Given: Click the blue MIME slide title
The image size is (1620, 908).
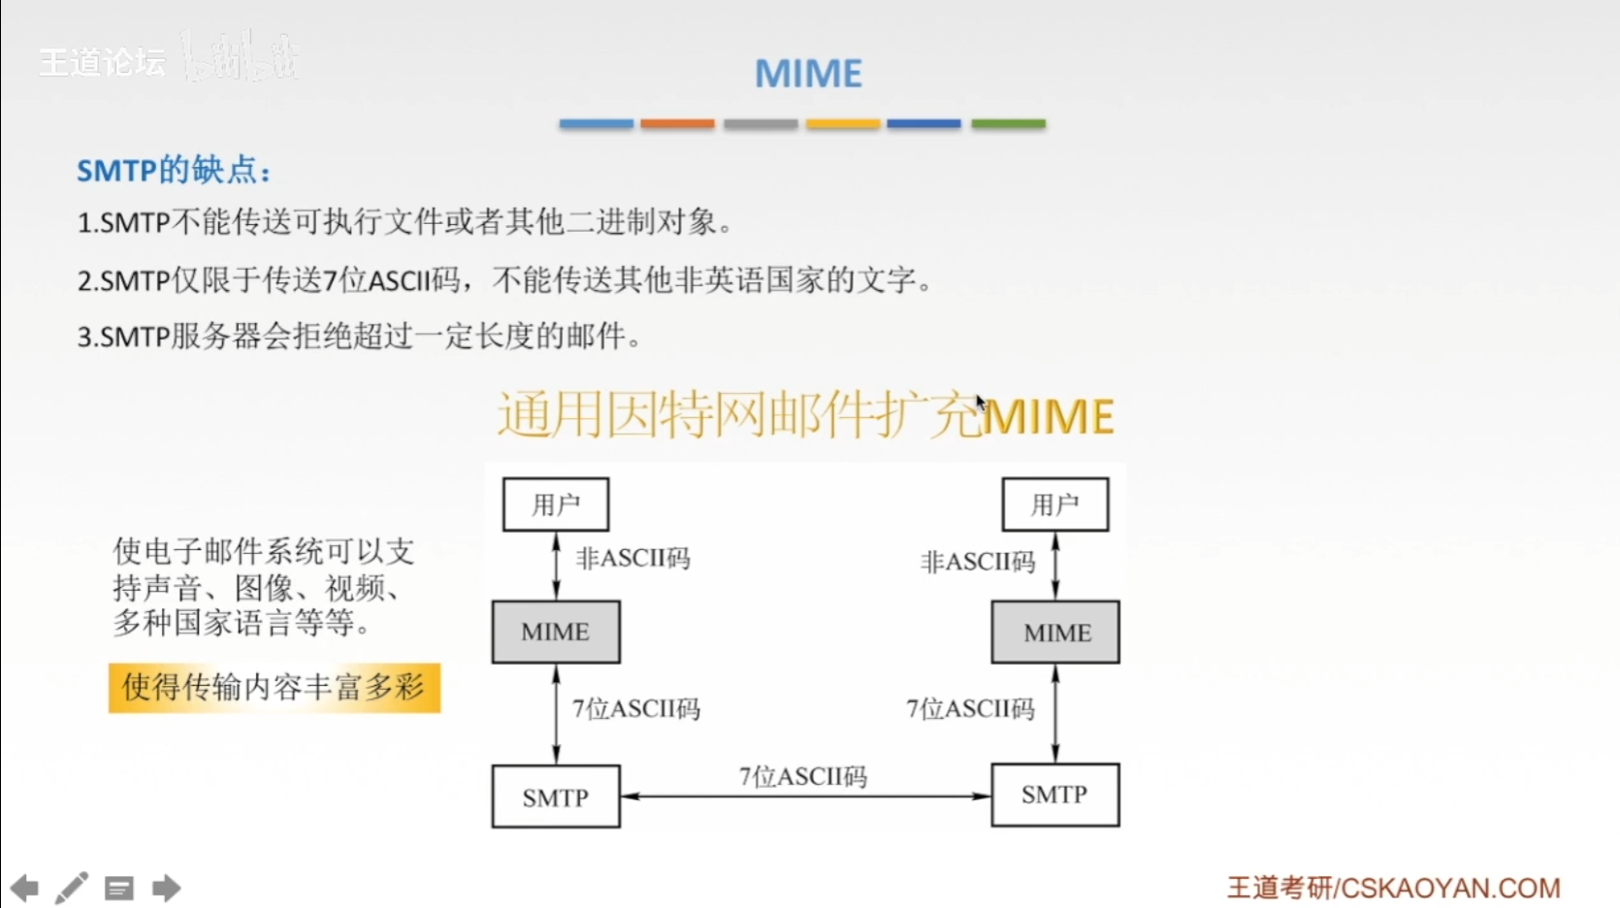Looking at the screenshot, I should point(808,74).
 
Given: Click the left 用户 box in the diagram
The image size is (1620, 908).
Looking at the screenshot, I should point(556,504).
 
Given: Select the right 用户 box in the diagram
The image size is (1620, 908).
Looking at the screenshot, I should point(1054,504).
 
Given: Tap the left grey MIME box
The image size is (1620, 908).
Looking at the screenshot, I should point(556,632).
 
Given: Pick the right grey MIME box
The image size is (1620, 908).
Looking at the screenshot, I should point(1055,632).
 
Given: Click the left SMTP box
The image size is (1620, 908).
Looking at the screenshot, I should point(556,796).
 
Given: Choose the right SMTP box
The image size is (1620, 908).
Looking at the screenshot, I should point(1054,795).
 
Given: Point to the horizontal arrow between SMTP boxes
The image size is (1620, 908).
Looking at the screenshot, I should point(805,796).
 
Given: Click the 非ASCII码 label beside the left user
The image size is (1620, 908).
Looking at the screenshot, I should point(632,559).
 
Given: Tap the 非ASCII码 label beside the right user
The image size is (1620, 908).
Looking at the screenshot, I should point(978,562).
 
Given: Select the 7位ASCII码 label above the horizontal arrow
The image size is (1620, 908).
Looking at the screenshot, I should point(803,776).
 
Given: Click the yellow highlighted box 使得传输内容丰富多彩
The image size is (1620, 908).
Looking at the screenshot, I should point(275,688).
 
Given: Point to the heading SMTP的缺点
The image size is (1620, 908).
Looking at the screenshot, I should point(174,171).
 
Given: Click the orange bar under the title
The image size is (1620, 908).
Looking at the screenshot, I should point(677,124).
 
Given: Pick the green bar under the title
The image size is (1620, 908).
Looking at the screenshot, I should point(1008,124).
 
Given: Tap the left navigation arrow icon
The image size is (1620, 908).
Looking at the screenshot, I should point(24,888).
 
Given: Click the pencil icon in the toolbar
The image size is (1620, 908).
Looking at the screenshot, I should point(71,888).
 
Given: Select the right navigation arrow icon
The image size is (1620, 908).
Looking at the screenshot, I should point(167,888).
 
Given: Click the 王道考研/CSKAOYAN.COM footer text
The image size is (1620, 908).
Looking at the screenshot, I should point(1393,888).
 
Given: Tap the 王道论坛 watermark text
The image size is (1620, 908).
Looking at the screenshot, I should point(102,62).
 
